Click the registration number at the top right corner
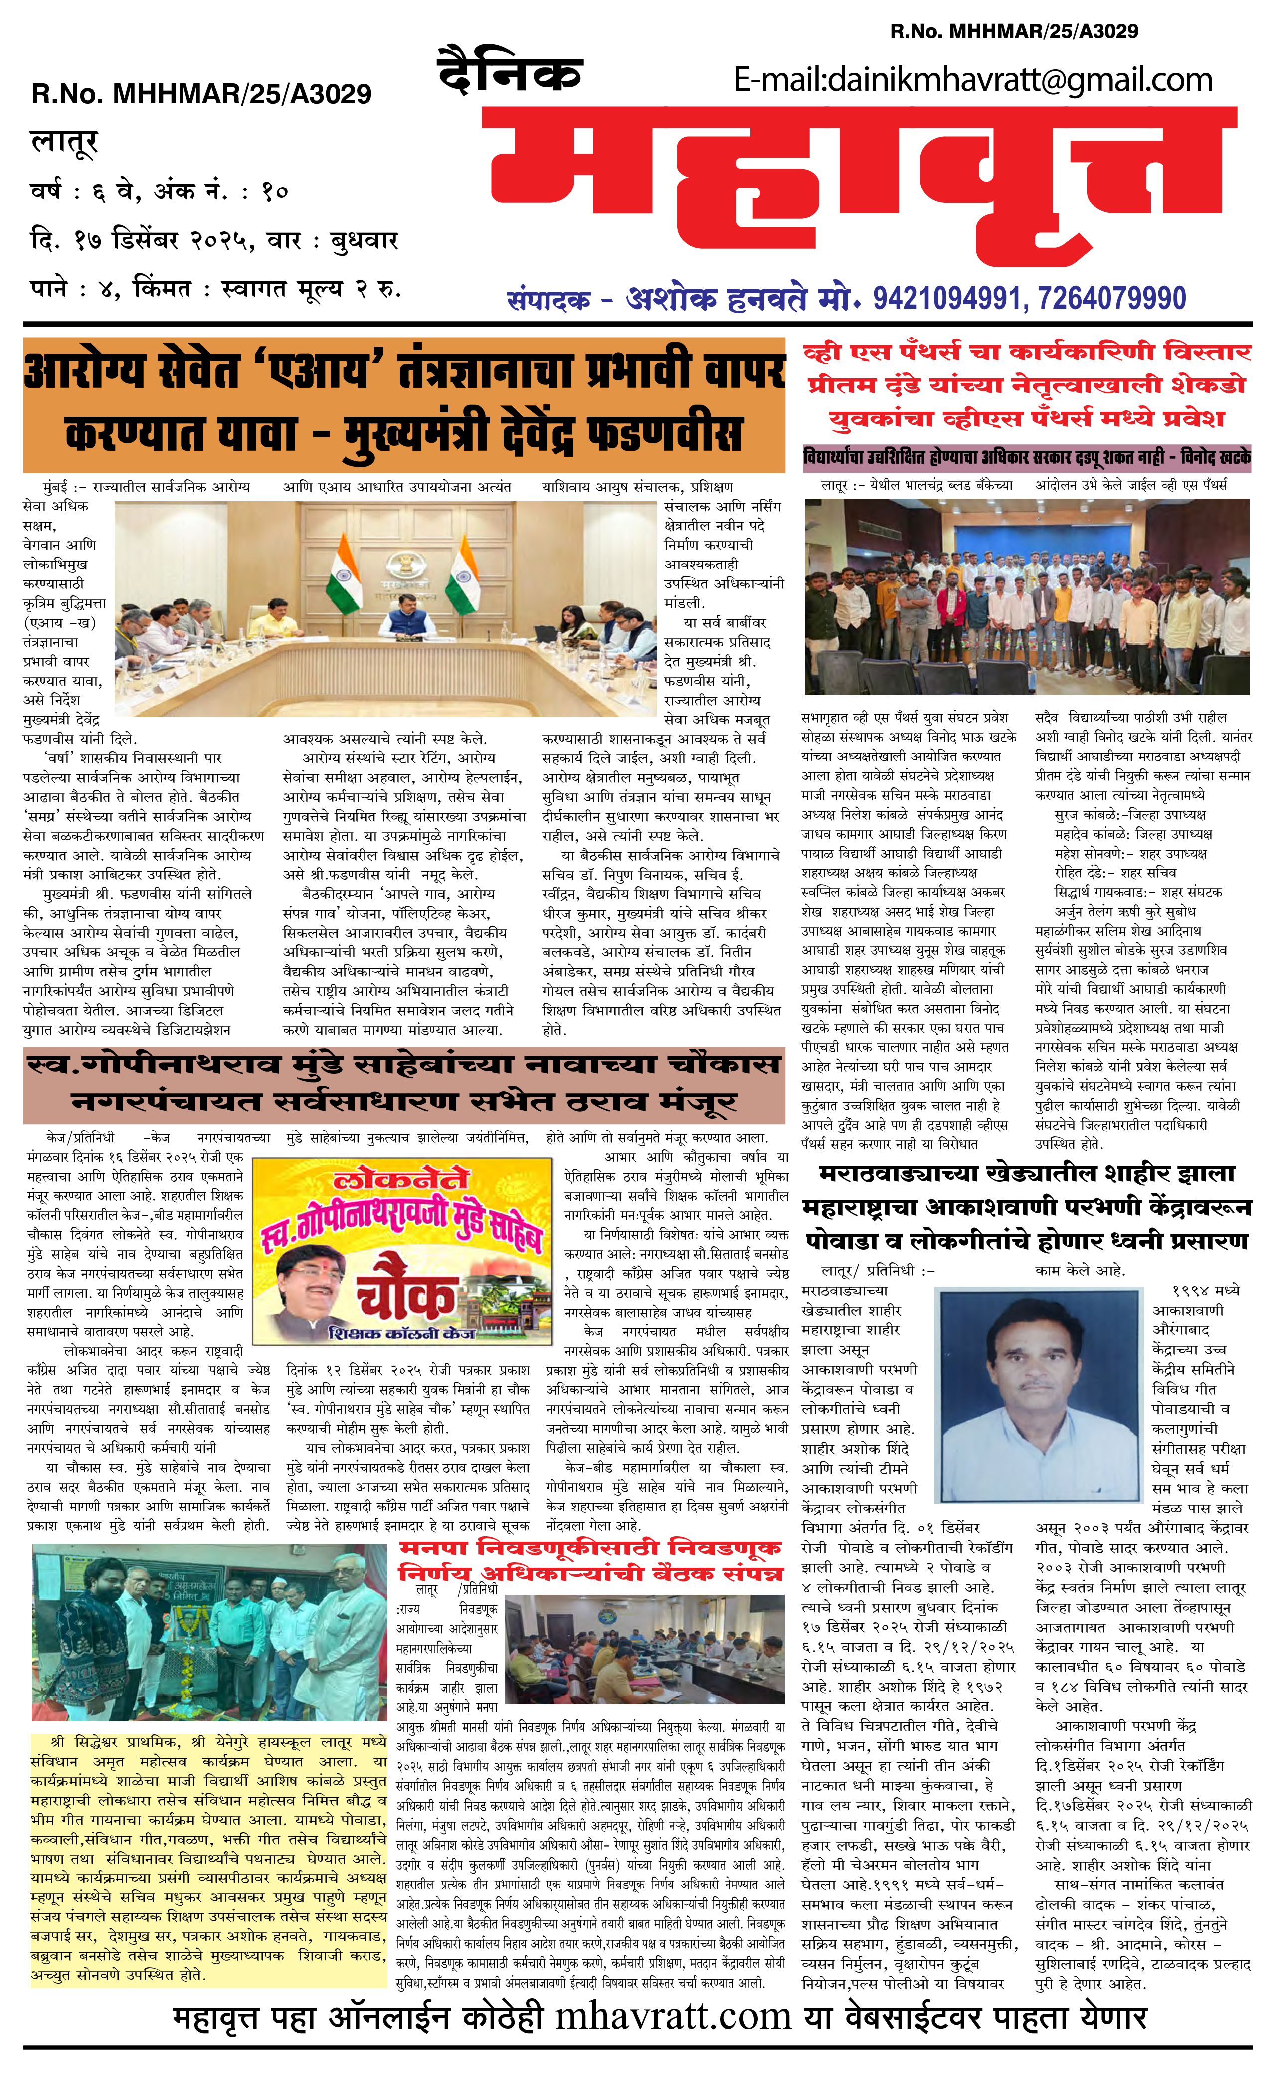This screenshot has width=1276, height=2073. coord(1014,31)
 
